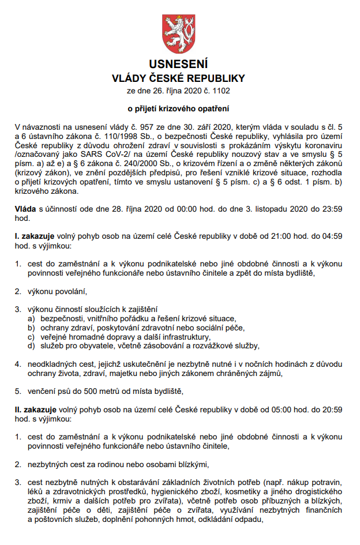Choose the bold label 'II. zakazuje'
click(x=37, y=409)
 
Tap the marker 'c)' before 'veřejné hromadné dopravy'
click(x=31, y=337)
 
